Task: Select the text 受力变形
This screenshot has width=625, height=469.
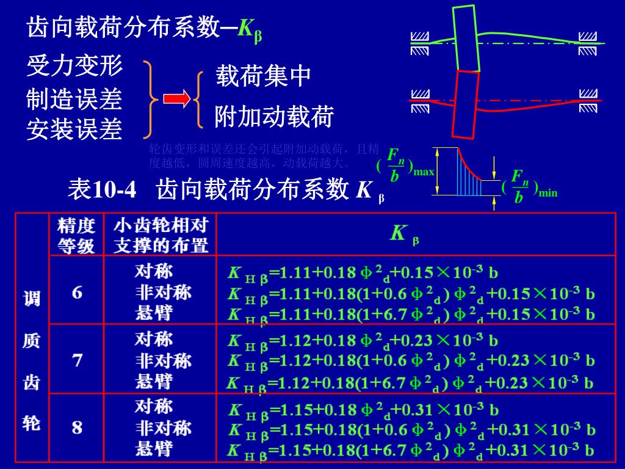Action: click(x=74, y=66)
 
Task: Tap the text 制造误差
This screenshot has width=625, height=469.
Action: click(x=74, y=99)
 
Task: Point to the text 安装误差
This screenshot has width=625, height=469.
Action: click(x=74, y=129)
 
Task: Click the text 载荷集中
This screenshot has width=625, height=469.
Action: click(x=263, y=76)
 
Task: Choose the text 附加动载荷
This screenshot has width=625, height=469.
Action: click(x=274, y=117)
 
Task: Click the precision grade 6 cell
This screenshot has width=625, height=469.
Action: click(x=77, y=293)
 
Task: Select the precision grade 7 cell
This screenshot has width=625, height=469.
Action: click(x=77, y=360)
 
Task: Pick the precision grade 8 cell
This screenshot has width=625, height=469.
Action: click(x=77, y=427)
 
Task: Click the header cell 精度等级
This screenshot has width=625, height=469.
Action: click(x=77, y=236)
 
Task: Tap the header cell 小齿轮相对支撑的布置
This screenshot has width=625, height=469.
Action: click(x=161, y=236)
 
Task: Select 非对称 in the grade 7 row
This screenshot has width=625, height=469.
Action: click(x=163, y=360)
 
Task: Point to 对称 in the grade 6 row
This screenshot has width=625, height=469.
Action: click(x=153, y=271)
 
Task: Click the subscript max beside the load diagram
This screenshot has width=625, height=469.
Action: click(x=424, y=172)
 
